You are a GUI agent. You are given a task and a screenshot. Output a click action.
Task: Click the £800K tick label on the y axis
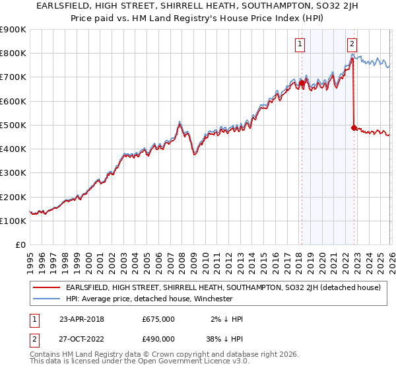coord(13,53)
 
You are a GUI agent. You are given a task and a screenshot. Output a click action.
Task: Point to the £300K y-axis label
coord(13,173)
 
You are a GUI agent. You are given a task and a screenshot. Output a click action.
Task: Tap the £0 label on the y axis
coord(20,245)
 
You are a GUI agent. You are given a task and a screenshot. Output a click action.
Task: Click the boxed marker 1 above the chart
coord(300,44)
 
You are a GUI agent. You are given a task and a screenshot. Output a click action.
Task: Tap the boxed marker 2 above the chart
coord(352,44)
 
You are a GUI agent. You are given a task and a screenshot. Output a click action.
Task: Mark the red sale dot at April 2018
coord(302,83)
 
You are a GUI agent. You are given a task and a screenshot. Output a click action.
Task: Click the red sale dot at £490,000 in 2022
coord(354,127)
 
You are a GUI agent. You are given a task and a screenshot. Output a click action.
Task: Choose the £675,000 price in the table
coord(158,319)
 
